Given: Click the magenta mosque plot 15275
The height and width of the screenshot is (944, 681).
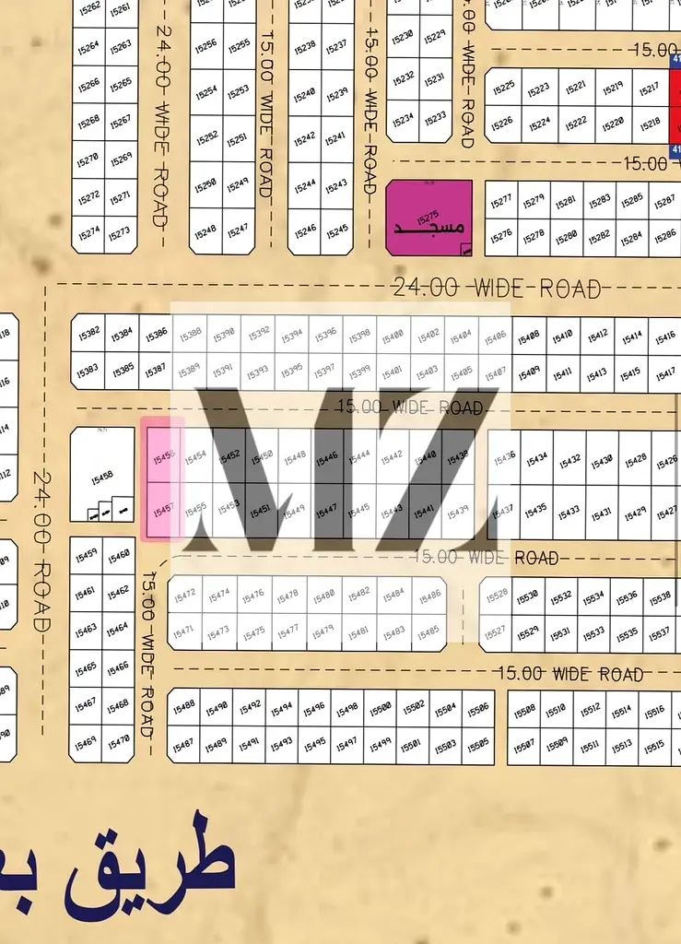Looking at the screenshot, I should click(429, 217).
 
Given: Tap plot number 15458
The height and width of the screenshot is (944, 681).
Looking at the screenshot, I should click(102, 476).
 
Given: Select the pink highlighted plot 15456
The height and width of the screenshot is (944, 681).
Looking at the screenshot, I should click(164, 455).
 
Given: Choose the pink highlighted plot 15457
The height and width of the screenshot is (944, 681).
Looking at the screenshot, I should click(164, 509).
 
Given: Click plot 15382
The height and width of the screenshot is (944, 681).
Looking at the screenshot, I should click(88, 333).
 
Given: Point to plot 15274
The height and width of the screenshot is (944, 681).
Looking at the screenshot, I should click(88, 233).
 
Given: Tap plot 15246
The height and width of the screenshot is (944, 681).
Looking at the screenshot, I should click(305, 230).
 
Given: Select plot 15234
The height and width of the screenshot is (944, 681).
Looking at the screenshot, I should click(403, 120).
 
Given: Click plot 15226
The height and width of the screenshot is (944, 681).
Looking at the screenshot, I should click(502, 123).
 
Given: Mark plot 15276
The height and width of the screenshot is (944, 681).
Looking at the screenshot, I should click(500, 236).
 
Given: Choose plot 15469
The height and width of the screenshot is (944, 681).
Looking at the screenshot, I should click(86, 741).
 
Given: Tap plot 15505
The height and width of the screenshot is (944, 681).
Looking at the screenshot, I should click(478, 744).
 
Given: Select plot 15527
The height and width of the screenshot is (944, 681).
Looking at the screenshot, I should click(495, 631).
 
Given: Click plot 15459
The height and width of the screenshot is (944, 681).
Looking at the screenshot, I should click(86, 554).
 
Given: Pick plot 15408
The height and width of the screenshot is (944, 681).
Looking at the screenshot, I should click(528, 336).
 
